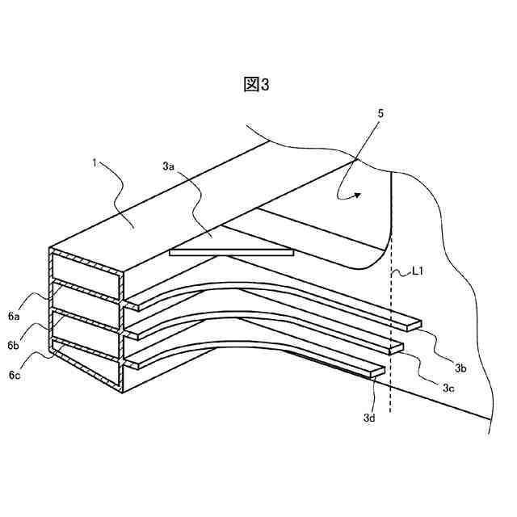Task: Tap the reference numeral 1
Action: point(95,162)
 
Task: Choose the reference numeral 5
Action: point(380,114)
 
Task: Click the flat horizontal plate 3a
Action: point(231,252)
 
